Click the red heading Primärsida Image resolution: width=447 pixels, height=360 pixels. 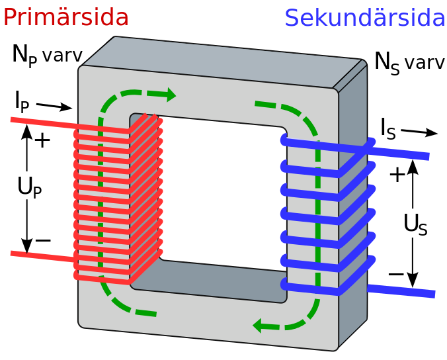66,17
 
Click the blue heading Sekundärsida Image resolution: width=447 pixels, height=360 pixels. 365,18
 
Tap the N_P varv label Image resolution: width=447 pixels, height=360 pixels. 48,56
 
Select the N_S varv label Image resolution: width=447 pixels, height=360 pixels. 410,63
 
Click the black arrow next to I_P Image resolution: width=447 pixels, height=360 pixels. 54,107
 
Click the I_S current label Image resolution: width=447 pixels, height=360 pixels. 388,129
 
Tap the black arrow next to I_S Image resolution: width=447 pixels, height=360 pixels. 419,132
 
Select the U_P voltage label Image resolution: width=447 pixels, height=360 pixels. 30,187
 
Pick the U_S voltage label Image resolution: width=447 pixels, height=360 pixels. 415,224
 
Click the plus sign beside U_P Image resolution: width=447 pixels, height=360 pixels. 42,140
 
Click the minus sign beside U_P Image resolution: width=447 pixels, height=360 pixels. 43,240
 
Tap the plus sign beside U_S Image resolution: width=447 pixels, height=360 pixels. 397,175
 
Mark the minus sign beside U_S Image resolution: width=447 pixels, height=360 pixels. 396,275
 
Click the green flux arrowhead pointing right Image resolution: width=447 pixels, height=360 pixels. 171,95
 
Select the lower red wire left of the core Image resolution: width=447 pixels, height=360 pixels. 43,257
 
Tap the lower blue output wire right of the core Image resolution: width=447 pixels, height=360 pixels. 401,291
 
